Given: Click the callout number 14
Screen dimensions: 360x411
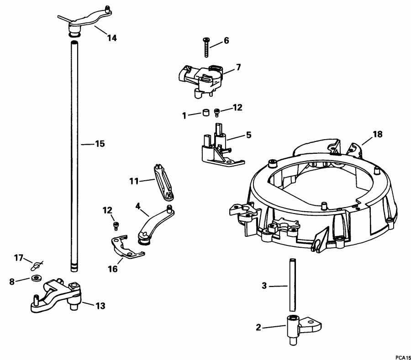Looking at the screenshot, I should pos(112,38).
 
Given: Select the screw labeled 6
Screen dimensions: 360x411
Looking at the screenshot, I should pos(206,47).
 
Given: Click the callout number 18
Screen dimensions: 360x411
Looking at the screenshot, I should pos(377,134).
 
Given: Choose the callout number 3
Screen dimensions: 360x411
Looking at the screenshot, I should pos(264,286).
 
